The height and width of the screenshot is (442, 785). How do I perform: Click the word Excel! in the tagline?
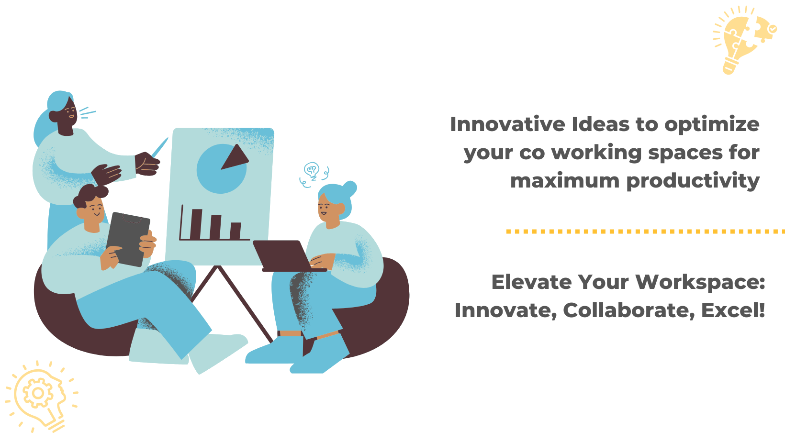coord(733,310)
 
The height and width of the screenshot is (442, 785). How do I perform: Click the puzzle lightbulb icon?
coord(744,40)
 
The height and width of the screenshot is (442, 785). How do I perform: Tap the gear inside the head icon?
coord(38,393)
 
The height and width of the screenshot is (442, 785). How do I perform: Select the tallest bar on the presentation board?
coord(196,224)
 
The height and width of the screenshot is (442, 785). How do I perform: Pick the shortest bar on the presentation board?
coord(235,231)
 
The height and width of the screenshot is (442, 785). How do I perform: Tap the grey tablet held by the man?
coord(128,239)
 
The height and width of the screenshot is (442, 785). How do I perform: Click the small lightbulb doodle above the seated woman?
coord(312,171)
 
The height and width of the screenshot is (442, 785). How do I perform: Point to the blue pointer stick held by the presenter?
coord(160,147)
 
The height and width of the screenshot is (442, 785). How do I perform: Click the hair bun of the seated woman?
coord(349,189)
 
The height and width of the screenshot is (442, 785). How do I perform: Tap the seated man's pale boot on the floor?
coord(218,353)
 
